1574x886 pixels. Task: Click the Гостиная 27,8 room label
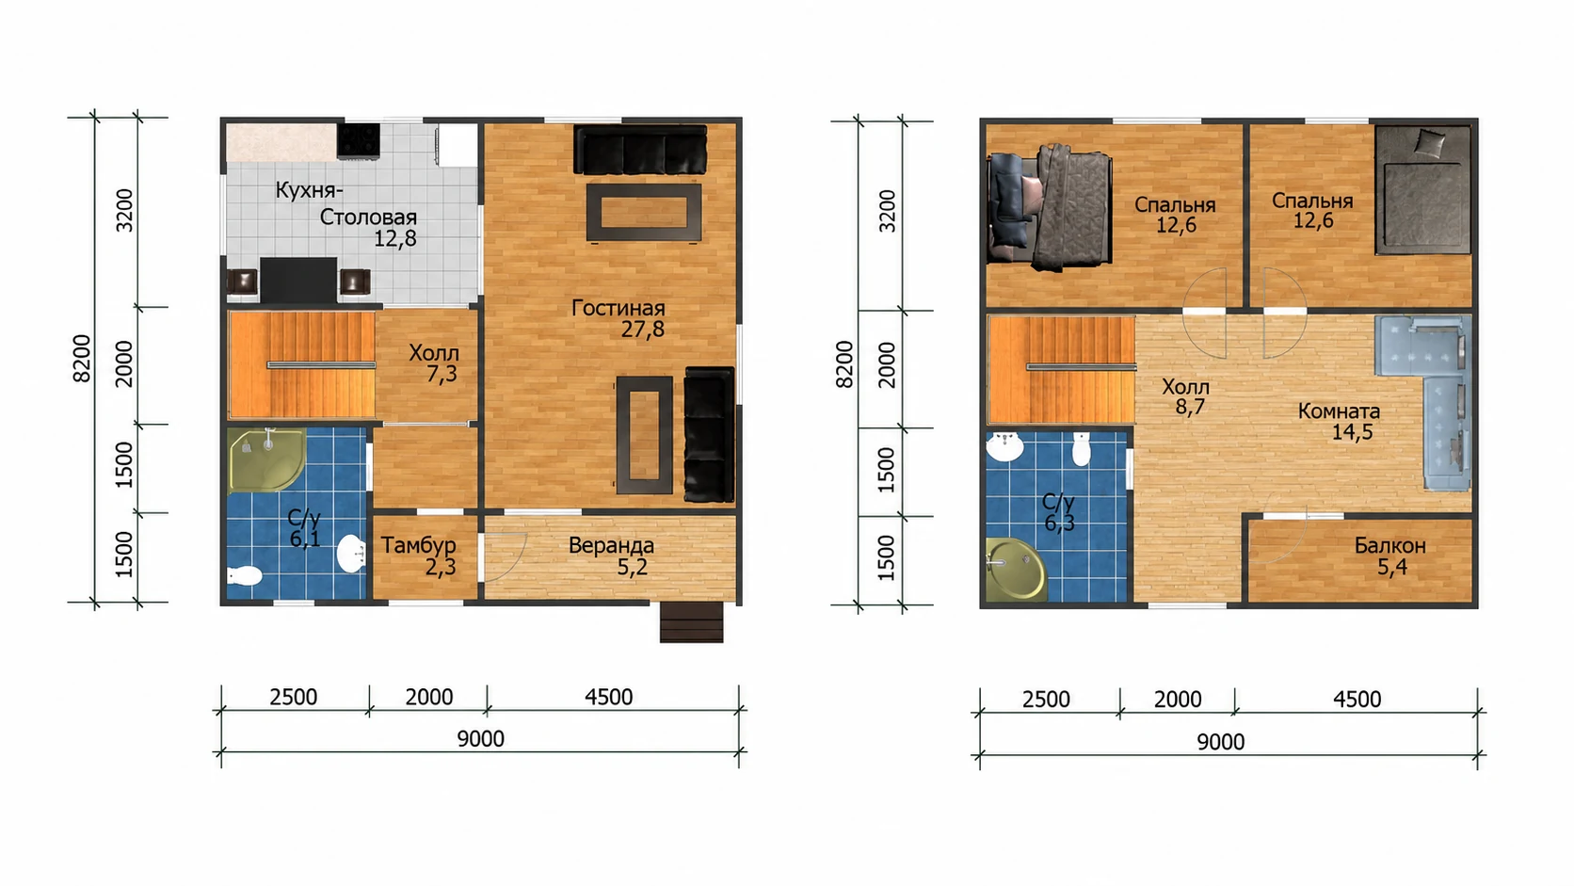click(x=618, y=318)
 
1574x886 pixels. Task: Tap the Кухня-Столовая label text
click(x=345, y=203)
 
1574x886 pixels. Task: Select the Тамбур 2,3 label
click(x=419, y=556)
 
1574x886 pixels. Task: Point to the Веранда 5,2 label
click(x=611, y=556)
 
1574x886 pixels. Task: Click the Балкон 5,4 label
click(x=1390, y=556)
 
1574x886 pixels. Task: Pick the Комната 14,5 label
click(x=1339, y=421)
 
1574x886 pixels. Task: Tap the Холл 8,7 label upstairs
click(x=1185, y=396)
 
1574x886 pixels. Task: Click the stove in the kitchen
click(x=359, y=140)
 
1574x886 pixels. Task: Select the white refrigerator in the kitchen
click(x=457, y=145)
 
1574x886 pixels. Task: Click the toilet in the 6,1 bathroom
click(x=244, y=576)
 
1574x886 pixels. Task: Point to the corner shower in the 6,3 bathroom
click(x=1016, y=569)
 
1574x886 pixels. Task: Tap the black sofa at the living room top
click(x=640, y=150)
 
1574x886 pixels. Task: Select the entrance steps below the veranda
click(x=691, y=622)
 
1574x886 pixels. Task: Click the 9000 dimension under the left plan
click(x=481, y=738)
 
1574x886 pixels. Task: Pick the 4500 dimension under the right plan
click(x=1357, y=700)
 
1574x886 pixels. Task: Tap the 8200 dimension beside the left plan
click(x=82, y=359)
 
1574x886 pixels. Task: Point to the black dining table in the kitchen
click(x=297, y=280)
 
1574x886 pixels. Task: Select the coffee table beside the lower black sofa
click(x=644, y=434)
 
